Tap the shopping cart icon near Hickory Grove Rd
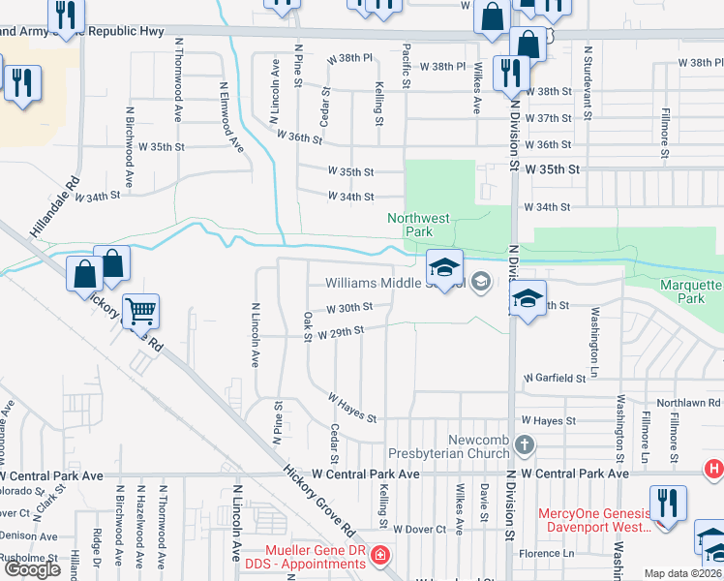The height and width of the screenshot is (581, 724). pos(141,312)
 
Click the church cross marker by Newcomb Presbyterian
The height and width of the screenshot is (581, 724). pos(525,446)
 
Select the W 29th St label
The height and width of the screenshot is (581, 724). pos(341,332)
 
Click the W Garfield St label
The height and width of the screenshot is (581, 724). pos(555,378)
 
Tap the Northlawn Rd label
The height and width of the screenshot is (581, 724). pos(689,402)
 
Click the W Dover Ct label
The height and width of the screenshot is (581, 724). pos(419,530)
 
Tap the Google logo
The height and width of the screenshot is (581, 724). pos(32,569)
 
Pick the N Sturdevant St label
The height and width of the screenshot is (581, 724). pos(586,74)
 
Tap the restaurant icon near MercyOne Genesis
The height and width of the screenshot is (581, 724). pos(668,504)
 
